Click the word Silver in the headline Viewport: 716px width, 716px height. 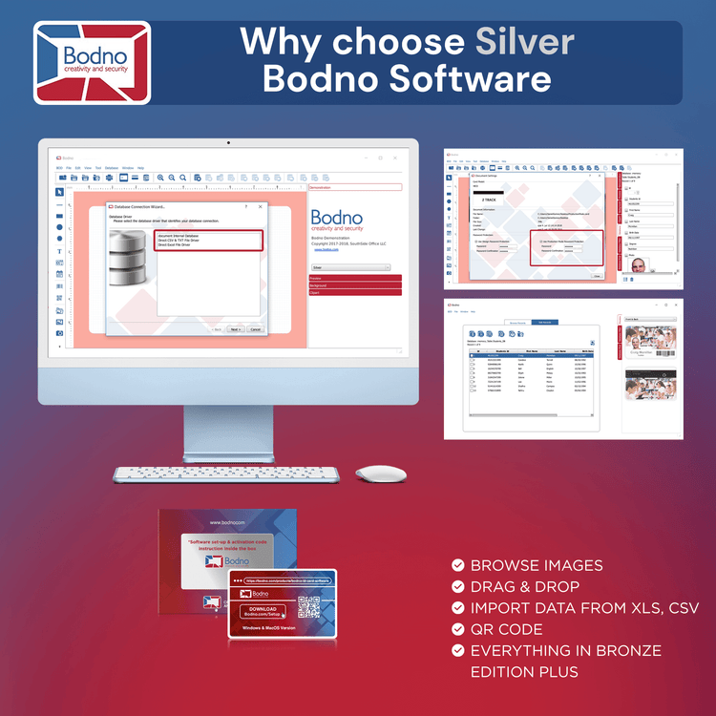[525, 42]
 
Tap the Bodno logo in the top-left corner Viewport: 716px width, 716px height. [92, 62]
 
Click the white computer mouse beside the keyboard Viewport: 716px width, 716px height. [381, 474]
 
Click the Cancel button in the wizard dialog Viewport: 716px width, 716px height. [255, 329]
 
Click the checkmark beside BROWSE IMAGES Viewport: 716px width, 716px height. [458, 565]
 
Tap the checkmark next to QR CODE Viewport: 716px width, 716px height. [458, 629]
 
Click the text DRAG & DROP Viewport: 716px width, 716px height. [525, 586]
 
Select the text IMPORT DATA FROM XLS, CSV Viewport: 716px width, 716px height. [584, 608]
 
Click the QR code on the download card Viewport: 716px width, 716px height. [308, 608]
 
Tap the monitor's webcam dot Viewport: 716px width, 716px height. [228, 143]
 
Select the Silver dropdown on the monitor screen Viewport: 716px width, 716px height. [350, 267]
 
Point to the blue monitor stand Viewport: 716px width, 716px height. [228, 430]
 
